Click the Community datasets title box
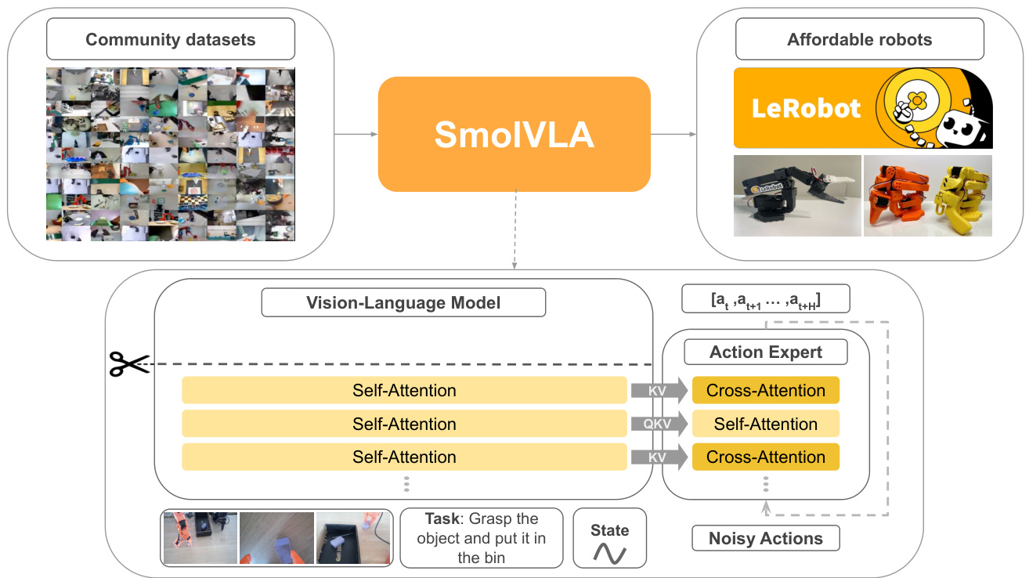[x=171, y=39]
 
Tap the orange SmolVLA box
[x=514, y=134]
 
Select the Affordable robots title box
[x=860, y=39]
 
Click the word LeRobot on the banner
[x=806, y=109]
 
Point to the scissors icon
[x=128, y=364]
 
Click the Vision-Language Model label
[x=403, y=302]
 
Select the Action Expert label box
[x=766, y=352]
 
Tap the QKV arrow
[x=659, y=424]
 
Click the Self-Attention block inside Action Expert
[x=766, y=424]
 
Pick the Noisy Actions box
[x=766, y=538]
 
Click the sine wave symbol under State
[x=609, y=553]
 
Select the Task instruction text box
[x=482, y=537]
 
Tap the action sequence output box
[x=766, y=299]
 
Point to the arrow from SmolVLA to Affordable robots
[x=673, y=134]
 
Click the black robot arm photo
[x=797, y=196]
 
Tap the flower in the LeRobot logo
[x=917, y=99]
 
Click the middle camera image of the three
[x=276, y=538]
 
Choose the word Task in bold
[x=442, y=518]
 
